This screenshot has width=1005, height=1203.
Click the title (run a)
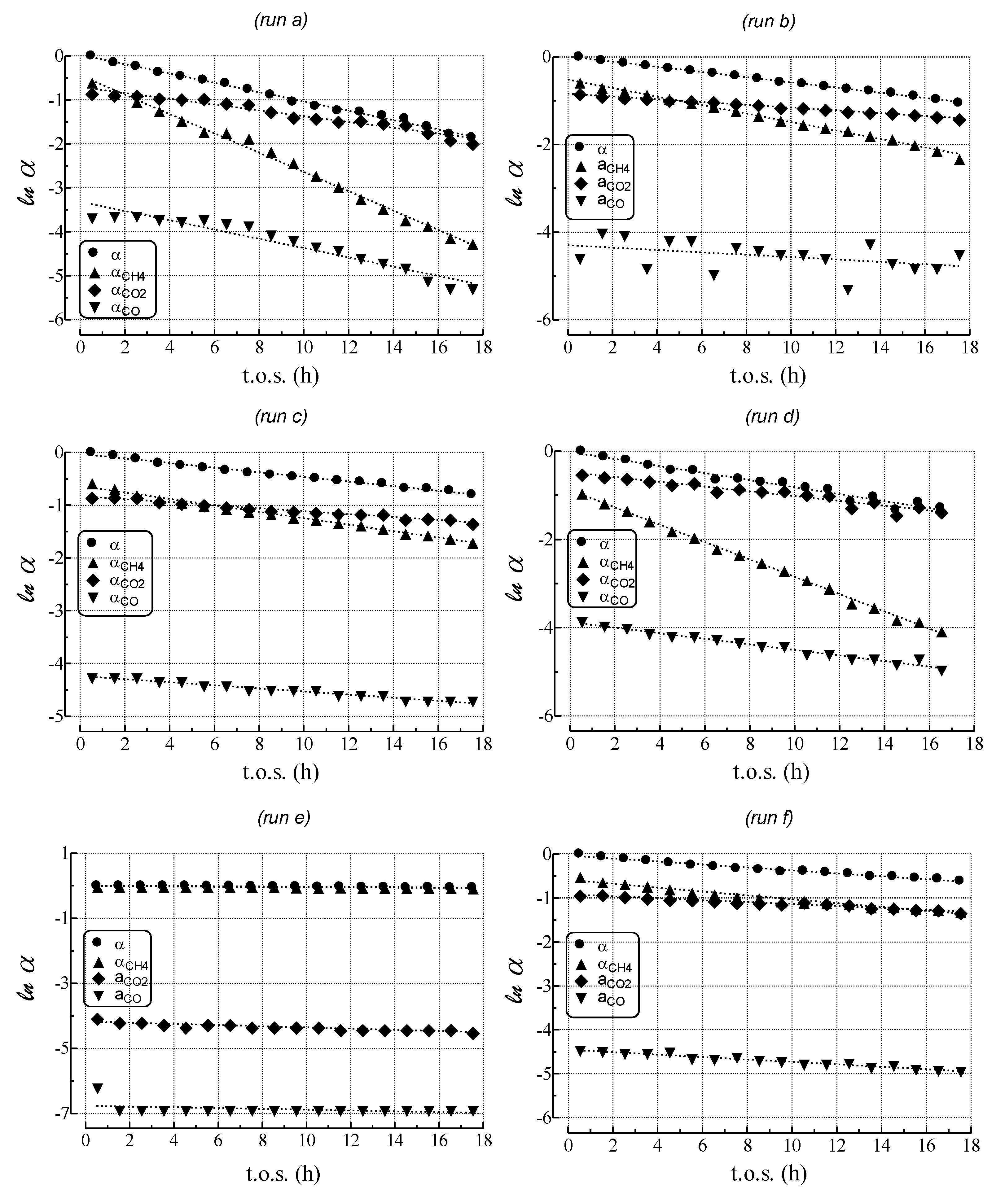coord(281,21)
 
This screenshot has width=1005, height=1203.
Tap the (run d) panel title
coord(772,417)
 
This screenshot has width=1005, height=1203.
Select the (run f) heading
coord(769,818)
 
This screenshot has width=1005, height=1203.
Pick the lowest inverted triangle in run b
coord(847,290)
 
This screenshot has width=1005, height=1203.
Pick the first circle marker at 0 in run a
coord(90,55)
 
